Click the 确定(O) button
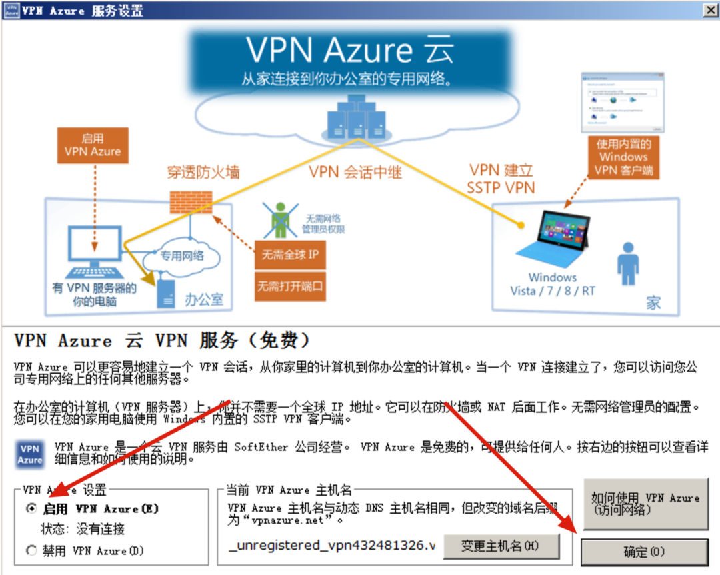point(644,552)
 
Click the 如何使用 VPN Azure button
point(644,504)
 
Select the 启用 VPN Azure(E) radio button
point(31,509)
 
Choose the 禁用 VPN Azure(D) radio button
point(31,551)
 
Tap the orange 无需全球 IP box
point(290,255)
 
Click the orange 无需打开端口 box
point(290,287)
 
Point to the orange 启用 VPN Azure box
point(93,145)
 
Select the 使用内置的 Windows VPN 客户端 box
point(623,157)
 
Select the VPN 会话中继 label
point(355,172)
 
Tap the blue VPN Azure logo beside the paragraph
point(30,454)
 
